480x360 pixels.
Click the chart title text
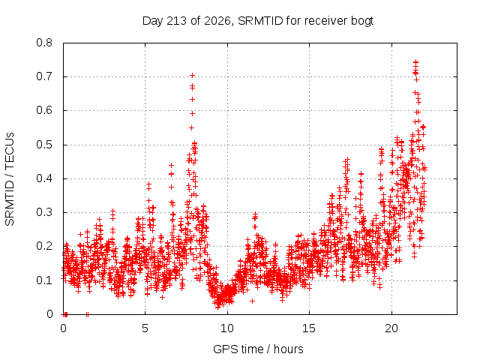tap(258, 21)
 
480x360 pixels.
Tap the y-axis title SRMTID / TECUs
tap(10, 179)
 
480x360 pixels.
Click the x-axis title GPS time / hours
tap(258, 349)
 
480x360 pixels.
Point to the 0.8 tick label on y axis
tap(44, 43)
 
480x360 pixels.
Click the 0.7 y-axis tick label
tap(44, 76)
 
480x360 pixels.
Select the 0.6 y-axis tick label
tap(44, 110)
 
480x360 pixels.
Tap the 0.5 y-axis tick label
tap(44, 145)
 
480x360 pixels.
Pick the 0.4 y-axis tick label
tap(44, 178)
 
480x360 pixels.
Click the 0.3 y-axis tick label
tap(44, 212)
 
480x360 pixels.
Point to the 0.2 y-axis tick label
tap(44, 246)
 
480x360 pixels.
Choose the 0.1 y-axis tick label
tap(44, 280)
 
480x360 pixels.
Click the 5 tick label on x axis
tap(145, 328)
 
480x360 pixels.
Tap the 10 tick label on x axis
tap(227, 328)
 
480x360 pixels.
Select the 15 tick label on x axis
tap(309, 328)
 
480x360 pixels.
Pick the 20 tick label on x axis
tap(391, 328)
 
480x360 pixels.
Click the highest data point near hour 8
tap(192, 75)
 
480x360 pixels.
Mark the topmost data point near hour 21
tap(415, 62)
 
